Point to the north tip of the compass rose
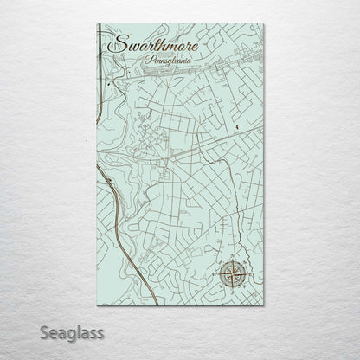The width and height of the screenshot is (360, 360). point(231,260)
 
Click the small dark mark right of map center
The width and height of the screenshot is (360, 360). point(236,130)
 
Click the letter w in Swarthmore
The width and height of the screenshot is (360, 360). point(127,45)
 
